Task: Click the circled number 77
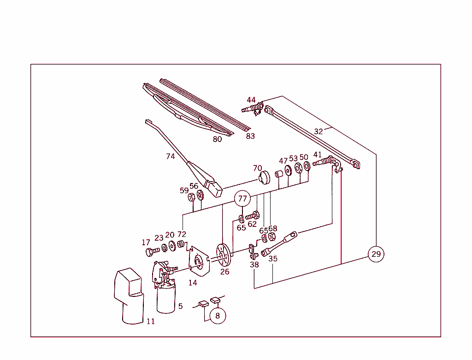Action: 242,199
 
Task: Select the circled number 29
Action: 376,254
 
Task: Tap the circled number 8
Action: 218,316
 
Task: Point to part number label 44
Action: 251,100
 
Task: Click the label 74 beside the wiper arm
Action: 171,157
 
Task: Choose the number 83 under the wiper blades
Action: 250,136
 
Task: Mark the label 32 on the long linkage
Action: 319,131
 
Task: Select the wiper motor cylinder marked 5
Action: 166,299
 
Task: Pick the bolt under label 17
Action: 151,252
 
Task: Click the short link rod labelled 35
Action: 279,243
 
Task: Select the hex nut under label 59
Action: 191,197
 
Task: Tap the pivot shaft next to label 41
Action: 324,162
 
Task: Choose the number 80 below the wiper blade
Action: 217,139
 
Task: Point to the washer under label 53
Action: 298,168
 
